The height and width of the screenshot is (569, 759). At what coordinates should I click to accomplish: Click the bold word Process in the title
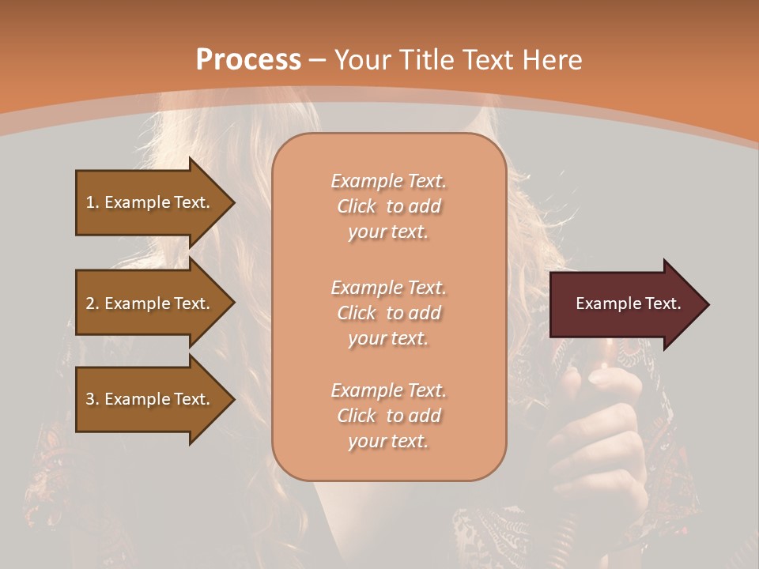tap(248, 60)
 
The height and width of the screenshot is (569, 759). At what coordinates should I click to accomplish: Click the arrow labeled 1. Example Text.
tap(150, 202)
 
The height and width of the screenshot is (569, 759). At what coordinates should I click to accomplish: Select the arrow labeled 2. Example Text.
tap(150, 303)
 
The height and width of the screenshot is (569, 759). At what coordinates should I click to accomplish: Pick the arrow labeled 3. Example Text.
tap(150, 399)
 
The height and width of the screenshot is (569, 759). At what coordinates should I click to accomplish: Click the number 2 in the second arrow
tap(90, 303)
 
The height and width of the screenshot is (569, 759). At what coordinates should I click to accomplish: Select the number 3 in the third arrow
tap(90, 399)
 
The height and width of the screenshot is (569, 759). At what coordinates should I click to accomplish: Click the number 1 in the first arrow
tap(90, 202)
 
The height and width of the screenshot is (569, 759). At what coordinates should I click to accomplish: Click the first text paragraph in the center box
tap(388, 206)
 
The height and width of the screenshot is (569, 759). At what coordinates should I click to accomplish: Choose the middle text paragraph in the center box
tap(388, 313)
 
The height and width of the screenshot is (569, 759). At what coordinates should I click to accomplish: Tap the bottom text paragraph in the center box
tap(388, 416)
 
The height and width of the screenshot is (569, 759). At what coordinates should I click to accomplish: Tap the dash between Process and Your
tap(318, 61)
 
